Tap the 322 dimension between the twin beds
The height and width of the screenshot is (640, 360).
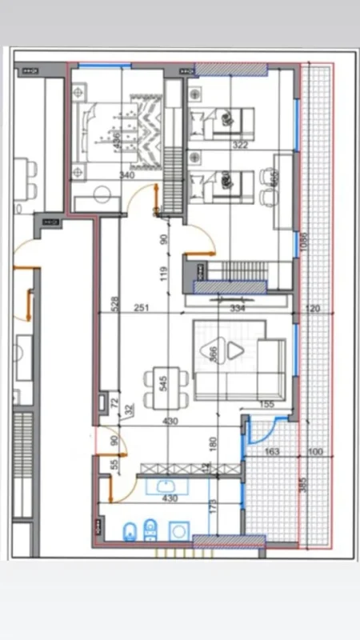pyautogui.click(x=240, y=146)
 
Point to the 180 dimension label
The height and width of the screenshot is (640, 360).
pyautogui.click(x=214, y=442)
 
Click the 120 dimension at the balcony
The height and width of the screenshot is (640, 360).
pyautogui.click(x=313, y=307)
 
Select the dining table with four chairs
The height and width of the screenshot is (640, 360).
pyautogui.click(x=163, y=388)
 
